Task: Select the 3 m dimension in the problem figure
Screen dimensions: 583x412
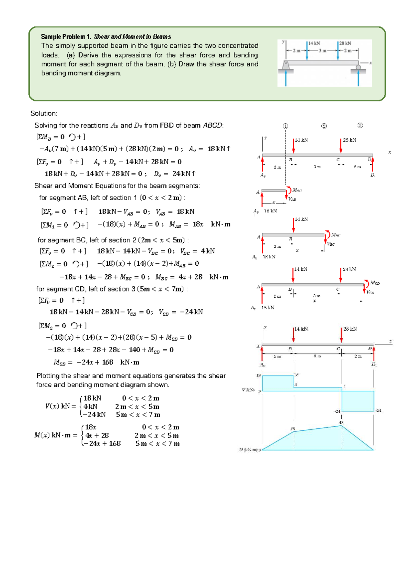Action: (322, 51)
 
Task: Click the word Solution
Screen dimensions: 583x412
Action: (44, 113)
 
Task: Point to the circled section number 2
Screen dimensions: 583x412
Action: (324, 126)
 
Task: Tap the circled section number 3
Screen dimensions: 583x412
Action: (360, 125)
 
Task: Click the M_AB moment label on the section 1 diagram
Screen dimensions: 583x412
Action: (297, 190)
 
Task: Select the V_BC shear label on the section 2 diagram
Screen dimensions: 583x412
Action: (331, 244)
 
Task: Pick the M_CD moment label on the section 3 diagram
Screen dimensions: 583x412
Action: (375, 283)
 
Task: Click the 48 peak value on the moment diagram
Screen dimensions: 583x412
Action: (341, 422)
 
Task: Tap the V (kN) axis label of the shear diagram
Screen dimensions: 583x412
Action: (248, 390)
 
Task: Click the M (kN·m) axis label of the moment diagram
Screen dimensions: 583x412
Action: (248, 450)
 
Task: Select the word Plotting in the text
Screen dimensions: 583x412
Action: (48, 376)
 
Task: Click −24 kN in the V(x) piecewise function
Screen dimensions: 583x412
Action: (94, 415)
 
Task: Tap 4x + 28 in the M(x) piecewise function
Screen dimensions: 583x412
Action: (97, 436)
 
